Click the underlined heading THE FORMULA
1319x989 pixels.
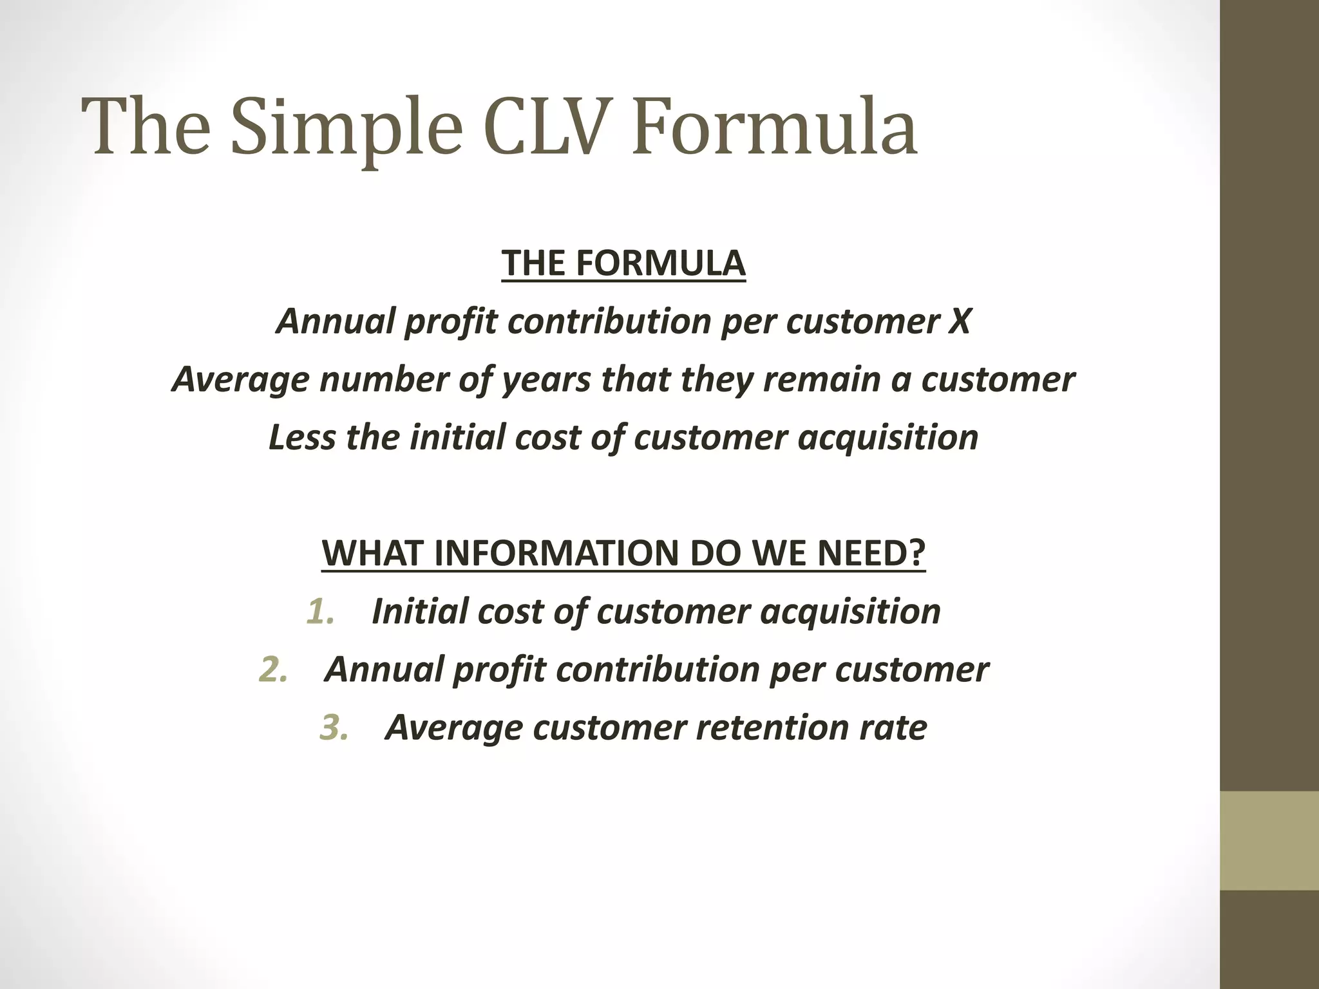tap(623, 264)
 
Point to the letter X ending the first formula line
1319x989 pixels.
tap(959, 321)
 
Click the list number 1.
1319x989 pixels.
tap(320, 612)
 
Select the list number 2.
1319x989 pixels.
tap(272, 670)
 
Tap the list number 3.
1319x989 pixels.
tap(334, 728)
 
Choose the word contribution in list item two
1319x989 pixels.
tap(658, 670)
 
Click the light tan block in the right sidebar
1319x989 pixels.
tap(1269, 840)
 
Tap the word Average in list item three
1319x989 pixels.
tap(453, 728)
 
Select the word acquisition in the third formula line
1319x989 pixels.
tap(888, 437)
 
